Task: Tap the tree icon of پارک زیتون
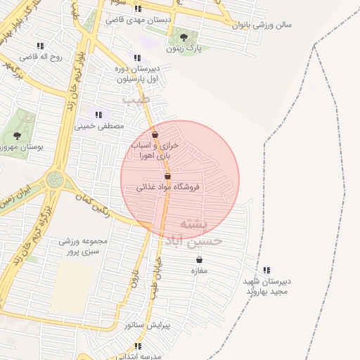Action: tap(184, 37)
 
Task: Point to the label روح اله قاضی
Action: tap(41, 56)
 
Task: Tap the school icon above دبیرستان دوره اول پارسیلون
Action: tap(136, 58)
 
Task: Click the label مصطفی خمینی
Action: tap(99, 126)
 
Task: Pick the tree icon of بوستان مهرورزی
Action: tap(17, 136)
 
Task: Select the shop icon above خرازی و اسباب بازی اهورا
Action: tap(155, 134)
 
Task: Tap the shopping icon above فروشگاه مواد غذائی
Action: tap(167, 176)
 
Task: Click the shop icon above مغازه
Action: tap(199, 260)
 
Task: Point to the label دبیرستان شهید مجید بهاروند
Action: tap(266, 286)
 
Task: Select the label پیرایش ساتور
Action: tap(144, 326)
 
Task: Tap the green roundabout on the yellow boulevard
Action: tap(54, 181)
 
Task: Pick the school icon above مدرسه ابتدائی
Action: tap(138, 346)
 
